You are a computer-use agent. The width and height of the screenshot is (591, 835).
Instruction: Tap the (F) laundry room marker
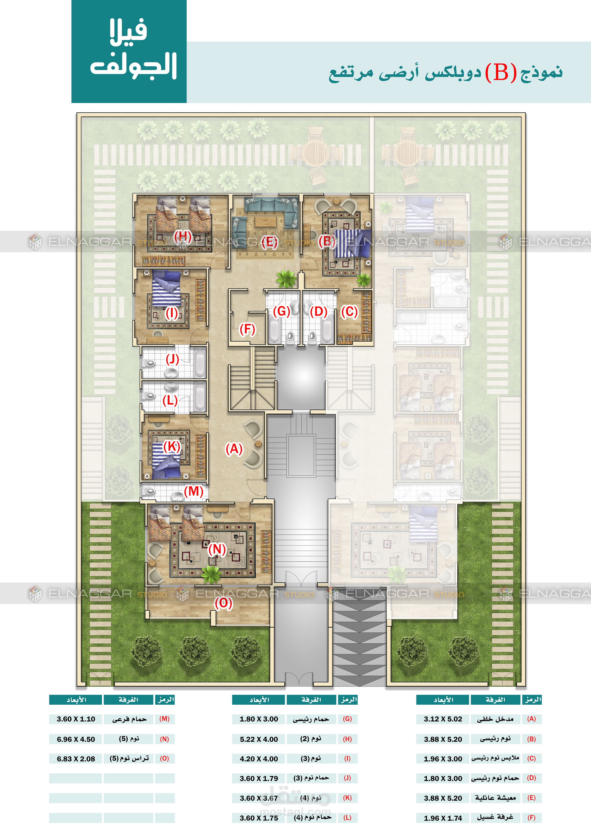tap(247, 329)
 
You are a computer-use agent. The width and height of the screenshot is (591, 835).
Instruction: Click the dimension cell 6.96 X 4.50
tap(76, 739)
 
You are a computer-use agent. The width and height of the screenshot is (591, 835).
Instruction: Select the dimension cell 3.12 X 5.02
tap(443, 719)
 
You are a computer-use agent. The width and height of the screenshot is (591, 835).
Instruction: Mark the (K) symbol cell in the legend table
tap(347, 798)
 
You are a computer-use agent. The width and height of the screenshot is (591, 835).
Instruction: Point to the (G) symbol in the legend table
tap(347, 719)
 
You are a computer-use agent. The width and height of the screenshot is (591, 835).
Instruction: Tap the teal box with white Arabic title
tap(129, 51)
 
